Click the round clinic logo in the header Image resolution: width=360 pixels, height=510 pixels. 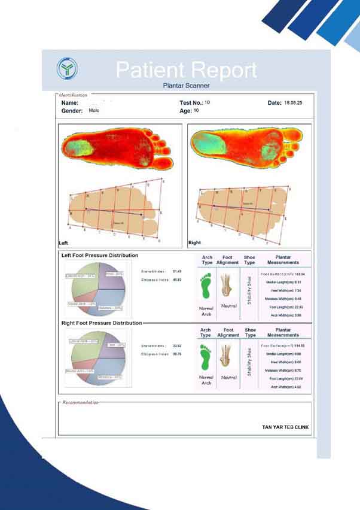67,69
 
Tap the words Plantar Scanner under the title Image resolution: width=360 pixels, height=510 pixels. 185,86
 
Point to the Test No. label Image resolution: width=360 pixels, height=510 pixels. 191,104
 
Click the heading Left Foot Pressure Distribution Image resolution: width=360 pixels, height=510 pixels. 100,256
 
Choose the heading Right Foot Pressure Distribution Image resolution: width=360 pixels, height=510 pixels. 102,323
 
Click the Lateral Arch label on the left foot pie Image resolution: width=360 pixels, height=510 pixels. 83,276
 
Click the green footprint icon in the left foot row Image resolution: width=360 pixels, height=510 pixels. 206,287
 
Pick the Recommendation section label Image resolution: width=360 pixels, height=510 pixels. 80,403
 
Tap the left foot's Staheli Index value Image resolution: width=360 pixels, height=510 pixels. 176,272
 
